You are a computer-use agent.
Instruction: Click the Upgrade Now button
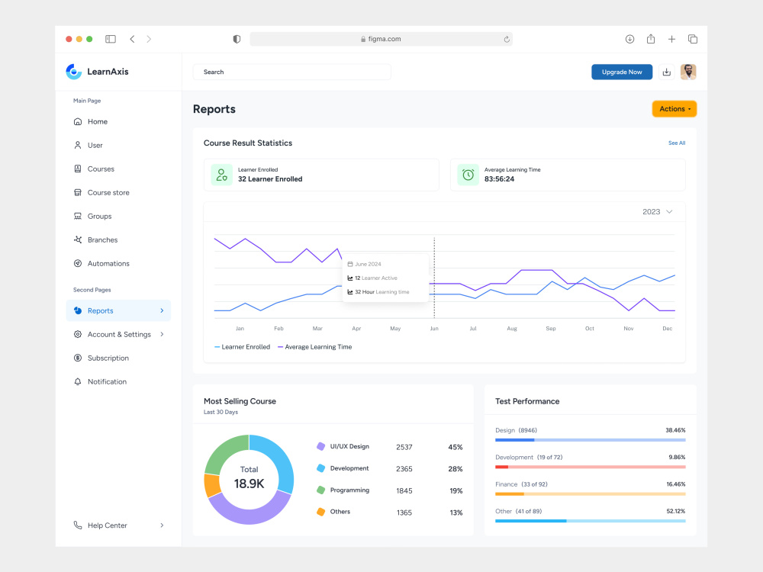[621, 72]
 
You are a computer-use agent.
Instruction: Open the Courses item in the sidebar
[101, 169]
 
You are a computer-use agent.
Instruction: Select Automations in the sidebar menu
[108, 264]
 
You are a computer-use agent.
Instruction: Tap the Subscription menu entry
[108, 358]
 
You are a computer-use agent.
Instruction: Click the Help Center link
[107, 525]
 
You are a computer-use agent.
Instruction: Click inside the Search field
[292, 72]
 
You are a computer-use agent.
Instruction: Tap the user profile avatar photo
[688, 72]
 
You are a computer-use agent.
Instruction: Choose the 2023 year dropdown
[657, 211]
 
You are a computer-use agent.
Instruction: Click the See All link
[676, 143]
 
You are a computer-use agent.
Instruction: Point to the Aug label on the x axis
[512, 328]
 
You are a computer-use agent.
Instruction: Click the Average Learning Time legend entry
[314, 347]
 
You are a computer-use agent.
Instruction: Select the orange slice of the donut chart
[211, 485]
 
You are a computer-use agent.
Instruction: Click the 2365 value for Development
[404, 469]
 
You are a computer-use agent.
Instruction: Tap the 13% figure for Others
[456, 513]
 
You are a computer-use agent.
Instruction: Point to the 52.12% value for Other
[675, 511]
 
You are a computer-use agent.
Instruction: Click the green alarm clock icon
[468, 175]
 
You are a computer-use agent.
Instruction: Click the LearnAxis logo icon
[73, 72]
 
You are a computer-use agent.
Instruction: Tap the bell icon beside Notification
[77, 382]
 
